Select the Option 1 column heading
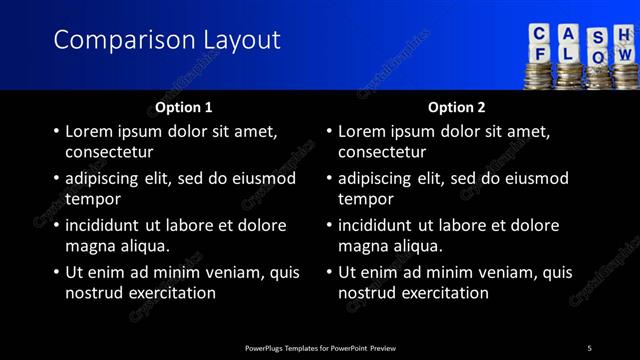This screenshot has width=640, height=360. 184,107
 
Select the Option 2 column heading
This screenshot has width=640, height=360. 457,107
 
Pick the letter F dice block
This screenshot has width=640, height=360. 540,55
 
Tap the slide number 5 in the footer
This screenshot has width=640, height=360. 589,348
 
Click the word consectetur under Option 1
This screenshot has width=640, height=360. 109,152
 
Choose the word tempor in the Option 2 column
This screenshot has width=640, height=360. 366,199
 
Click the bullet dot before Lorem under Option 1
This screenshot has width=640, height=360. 56,131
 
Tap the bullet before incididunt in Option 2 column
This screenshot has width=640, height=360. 329,226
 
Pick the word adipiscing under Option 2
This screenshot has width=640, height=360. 375,178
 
